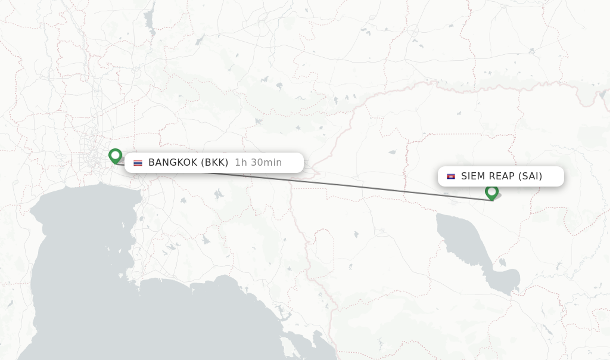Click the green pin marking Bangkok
tap(115, 156)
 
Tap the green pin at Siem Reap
tap(491, 192)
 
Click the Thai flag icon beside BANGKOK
tap(138, 163)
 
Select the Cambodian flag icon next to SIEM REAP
tap(451, 176)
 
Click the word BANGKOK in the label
tap(173, 162)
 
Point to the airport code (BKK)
tap(214, 162)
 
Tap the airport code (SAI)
tap(530, 176)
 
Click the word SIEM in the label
tap(474, 176)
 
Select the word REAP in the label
tap(502, 176)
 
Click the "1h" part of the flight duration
tap(241, 162)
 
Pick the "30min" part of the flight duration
tap(266, 162)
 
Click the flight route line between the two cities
tap(357, 186)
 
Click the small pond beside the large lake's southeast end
tap(503, 262)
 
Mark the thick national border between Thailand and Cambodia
tap(307, 238)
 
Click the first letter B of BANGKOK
tap(151, 162)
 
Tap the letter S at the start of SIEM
tap(464, 176)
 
